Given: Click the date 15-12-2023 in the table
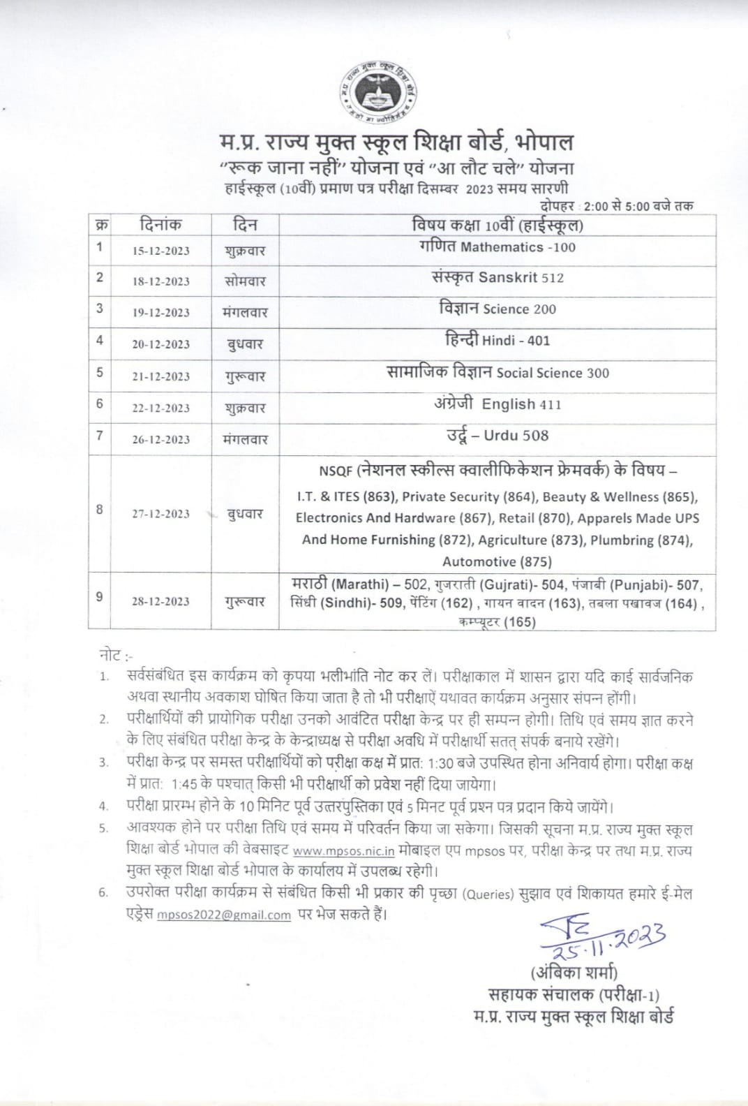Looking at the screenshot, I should (160, 251).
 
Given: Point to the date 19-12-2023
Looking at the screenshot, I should (160, 312).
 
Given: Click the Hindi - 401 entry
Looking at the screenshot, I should (498, 340).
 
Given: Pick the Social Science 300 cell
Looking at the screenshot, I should (498, 372).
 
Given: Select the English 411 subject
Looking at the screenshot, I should (498, 404).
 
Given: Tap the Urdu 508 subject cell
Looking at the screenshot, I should (498, 436).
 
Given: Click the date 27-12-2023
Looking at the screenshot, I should (160, 514).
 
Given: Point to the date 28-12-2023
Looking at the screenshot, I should (160, 601).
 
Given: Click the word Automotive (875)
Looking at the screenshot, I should (497, 561).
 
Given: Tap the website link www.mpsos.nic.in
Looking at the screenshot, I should (344, 851).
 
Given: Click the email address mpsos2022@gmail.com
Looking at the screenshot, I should (223, 915).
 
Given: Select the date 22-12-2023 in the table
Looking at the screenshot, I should (160, 408).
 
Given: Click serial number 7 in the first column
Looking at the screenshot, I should (100, 436).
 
